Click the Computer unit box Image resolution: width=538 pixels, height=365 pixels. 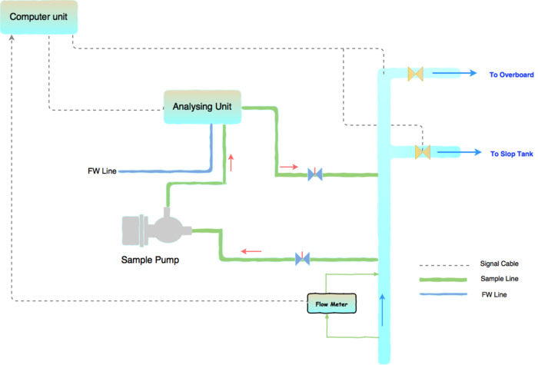tap(38, 17)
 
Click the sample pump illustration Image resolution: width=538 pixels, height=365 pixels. tap(157, 229)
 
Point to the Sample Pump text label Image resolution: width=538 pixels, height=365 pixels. tap(150, 260)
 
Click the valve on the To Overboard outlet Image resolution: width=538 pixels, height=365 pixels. tap(416, 75)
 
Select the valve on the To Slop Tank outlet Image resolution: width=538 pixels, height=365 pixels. tap(422, 152)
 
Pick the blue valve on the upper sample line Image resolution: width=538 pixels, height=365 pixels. tap(314, 174)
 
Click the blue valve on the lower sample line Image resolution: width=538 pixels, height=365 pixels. tap(303, 259)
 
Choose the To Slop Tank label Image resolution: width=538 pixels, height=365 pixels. tap(511, 154)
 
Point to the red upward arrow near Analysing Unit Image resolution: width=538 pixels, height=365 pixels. tap(230, 161)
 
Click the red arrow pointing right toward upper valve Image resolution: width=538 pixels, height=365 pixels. tap(289, 165)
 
